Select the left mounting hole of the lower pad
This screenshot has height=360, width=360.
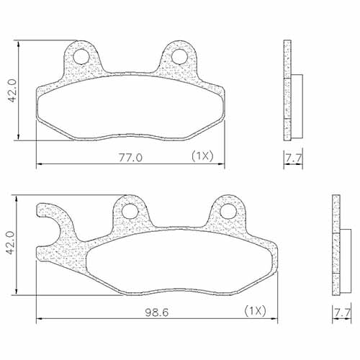click(130, 211)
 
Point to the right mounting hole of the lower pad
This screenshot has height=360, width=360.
click(228, 211)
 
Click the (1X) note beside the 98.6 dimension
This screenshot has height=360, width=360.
click(256, 311)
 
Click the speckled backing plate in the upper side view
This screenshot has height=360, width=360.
click(289, 90)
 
